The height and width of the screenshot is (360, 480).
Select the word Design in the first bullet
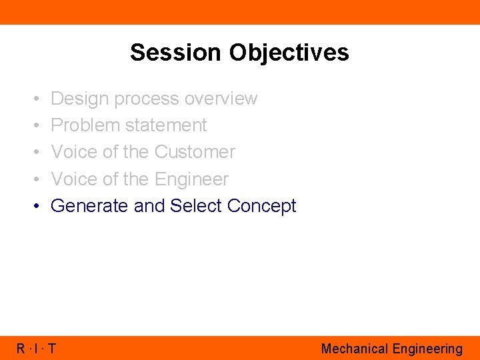click(79, 99)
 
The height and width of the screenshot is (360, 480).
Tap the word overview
click(221, 99)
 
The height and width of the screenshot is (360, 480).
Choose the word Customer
click(195, 152)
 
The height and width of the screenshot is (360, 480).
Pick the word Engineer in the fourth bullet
click(191, 179)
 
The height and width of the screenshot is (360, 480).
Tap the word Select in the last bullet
click(196, 206)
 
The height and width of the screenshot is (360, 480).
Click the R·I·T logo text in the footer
click(37, 349)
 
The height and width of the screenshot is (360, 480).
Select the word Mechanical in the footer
click(354, 349)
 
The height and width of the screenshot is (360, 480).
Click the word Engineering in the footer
click(427, 349)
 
